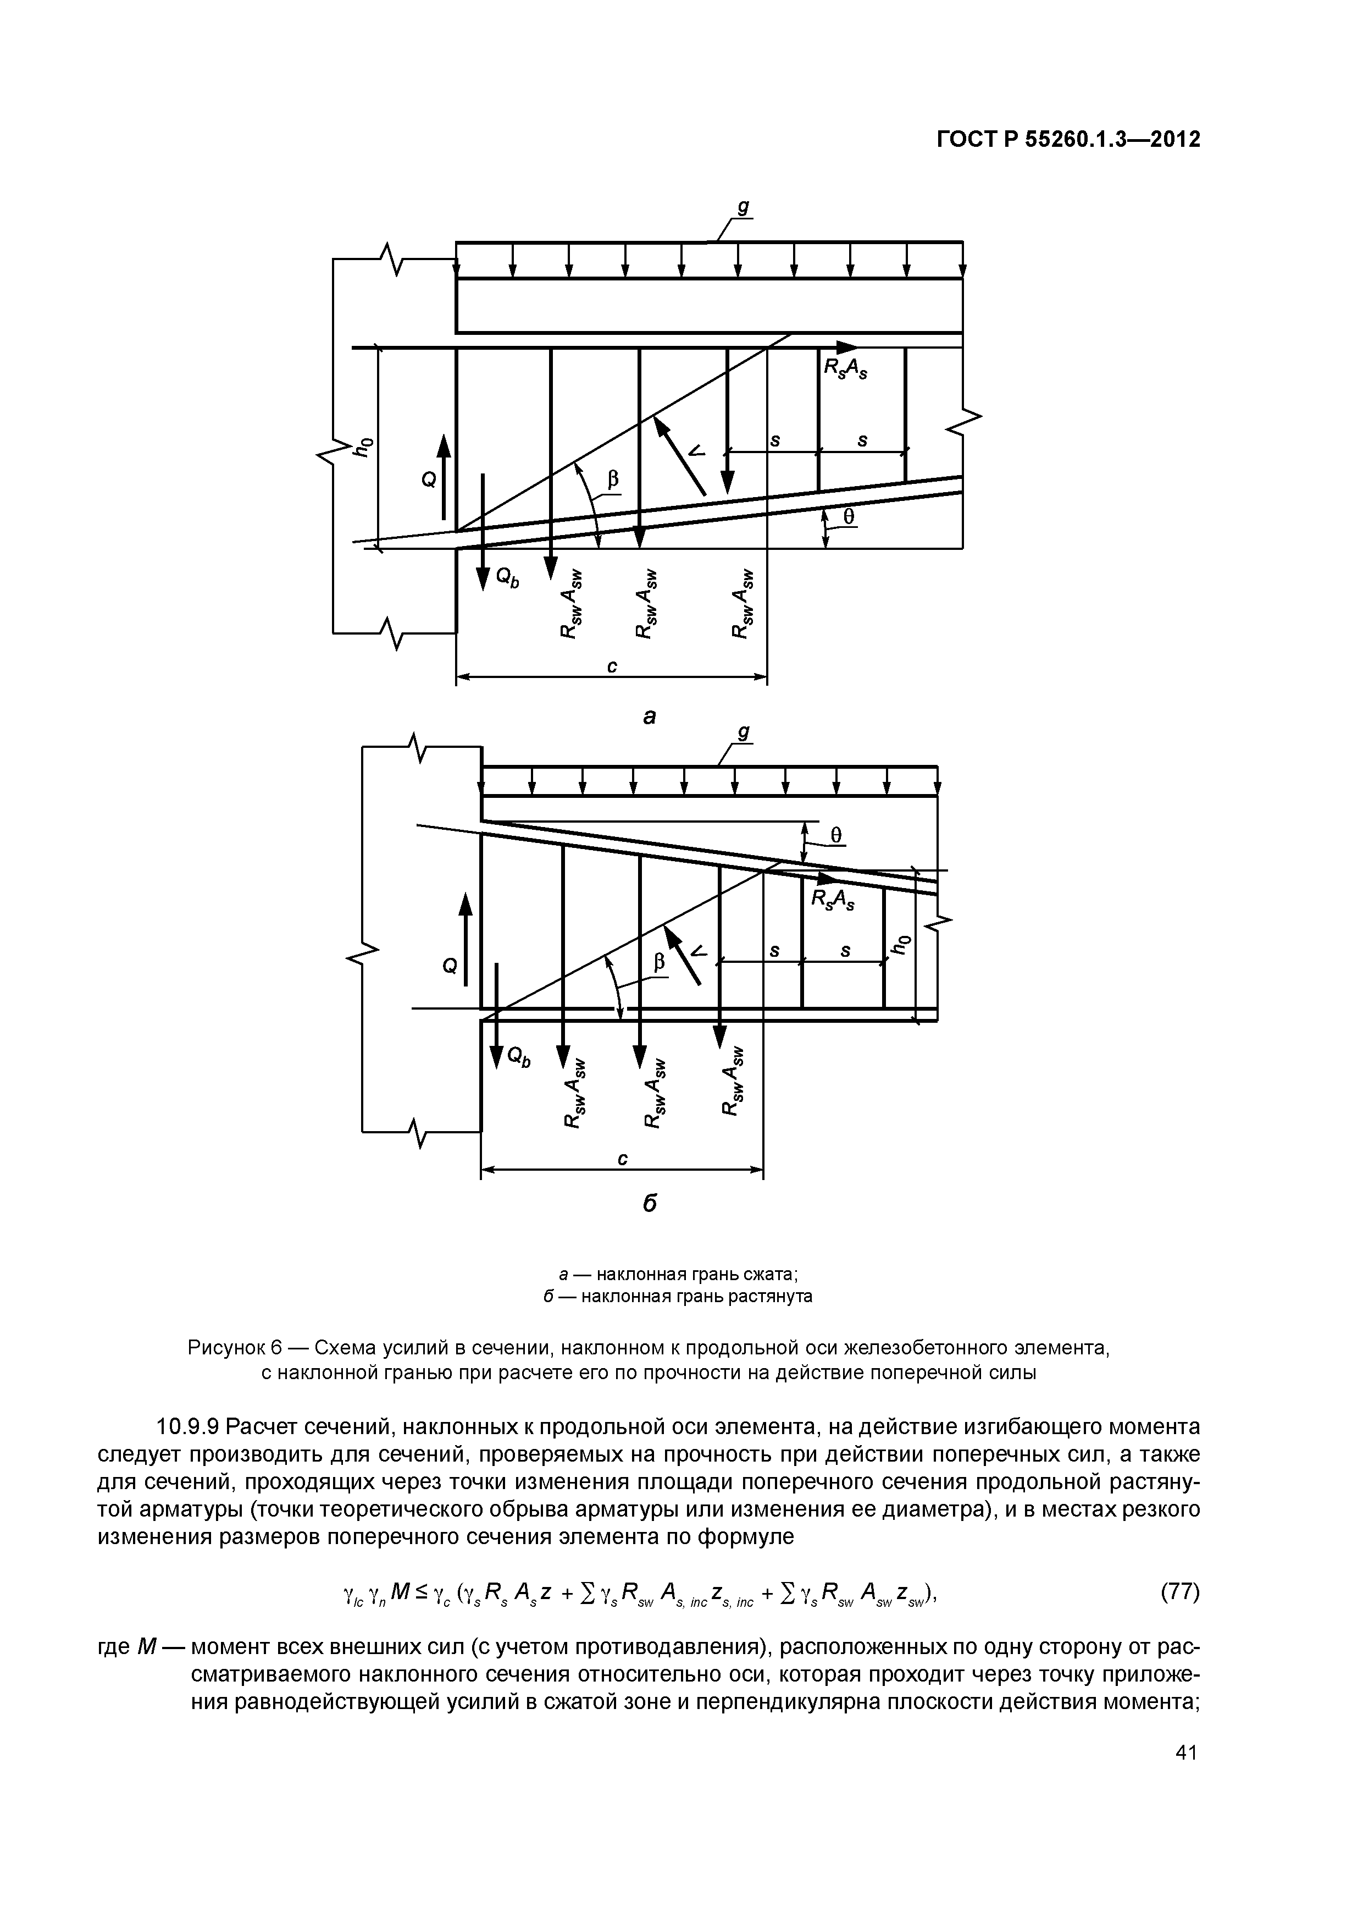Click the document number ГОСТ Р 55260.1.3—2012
1068,140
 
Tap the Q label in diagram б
450,967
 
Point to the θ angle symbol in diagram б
835,835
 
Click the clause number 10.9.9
187,1426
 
